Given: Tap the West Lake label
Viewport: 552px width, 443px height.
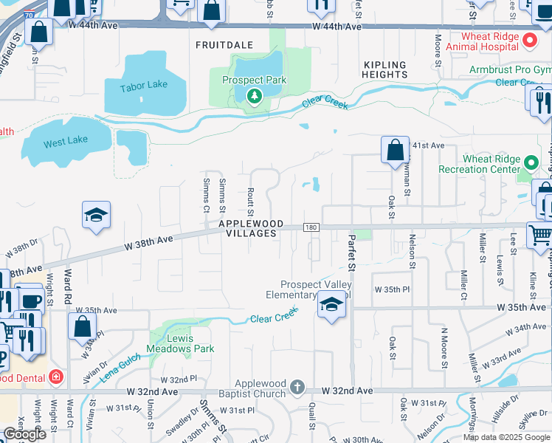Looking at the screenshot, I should [x=66, y=141].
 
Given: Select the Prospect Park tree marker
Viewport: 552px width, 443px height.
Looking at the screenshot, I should [x=255, y=95].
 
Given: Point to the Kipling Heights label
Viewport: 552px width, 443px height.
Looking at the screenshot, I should [x=385, y=69].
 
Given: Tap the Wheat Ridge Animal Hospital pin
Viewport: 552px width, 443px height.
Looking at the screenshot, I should [x=530, y=38].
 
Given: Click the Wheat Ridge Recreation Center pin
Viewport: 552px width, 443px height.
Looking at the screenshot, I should [x=531, y=162].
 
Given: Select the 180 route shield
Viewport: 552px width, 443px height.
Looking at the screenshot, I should [x=311, y=227].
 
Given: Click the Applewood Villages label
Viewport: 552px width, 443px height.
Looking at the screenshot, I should [x=247, y=228].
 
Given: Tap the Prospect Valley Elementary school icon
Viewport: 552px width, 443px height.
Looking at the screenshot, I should [x=331, y=306].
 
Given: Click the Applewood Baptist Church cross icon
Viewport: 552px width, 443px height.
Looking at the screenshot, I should [x=297, y=387].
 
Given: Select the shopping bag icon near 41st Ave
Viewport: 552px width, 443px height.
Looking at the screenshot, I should [x=396, y=150].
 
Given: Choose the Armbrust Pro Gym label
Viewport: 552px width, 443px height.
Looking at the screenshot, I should [x=510, y=70].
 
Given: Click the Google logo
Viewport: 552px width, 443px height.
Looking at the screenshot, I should [x=25, y=434].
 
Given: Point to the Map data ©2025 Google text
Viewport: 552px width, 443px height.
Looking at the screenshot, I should [x=506, y=437].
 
